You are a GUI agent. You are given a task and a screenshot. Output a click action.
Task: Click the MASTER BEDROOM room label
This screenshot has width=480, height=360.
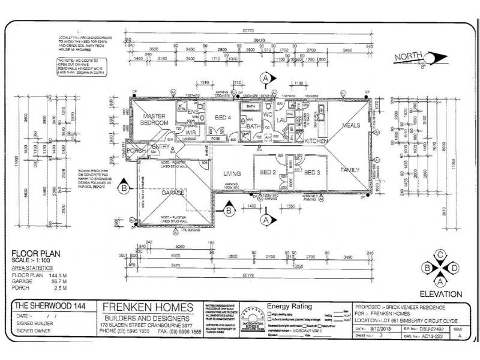(x=154, y=119)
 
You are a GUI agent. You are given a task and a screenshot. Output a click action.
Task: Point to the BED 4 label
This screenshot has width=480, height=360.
(x=223, y=117)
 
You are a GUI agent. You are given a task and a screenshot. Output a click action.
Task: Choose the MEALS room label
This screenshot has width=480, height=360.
(x=351, y=125)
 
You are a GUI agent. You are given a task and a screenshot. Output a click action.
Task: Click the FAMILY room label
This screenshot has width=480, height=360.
(x=350, y=170)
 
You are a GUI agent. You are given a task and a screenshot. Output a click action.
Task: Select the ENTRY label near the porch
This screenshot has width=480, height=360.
(x=161, y=147)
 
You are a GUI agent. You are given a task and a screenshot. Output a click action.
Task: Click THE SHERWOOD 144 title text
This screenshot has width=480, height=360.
(x=48, y=306)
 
